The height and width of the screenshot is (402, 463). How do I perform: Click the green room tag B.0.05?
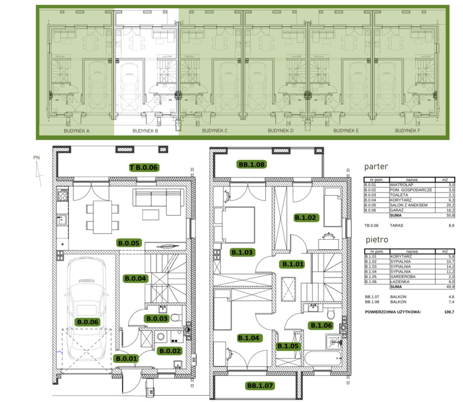coord(129,243)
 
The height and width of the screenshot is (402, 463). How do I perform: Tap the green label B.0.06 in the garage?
coord(88,322)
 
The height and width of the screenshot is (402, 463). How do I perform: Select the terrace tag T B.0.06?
coord(144,167)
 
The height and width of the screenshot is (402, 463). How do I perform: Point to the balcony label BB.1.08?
coord(251,164)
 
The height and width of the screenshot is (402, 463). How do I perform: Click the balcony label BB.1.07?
coord(260,385)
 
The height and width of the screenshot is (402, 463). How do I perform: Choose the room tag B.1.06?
coord(321,326)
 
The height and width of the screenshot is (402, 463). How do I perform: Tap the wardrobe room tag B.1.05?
coord(288,346)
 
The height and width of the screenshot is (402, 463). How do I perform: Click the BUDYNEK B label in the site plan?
coord(145,131)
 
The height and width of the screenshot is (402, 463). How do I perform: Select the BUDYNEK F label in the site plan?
coord(408,130)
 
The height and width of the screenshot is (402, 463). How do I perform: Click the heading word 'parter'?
coord(376,166)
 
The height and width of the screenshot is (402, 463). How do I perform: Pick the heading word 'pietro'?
coord(377,240)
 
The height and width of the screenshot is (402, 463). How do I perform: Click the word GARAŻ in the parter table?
coord(397,210)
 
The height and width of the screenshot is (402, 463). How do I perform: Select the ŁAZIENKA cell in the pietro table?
coord(400,282)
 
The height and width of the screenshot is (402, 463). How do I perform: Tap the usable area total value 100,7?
coord(449,312)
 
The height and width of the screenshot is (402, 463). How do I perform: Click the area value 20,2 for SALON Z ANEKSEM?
coord(450,205)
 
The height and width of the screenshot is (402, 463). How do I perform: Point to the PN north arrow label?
coord(36,158)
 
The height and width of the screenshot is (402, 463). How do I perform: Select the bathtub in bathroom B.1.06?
coord(322,358)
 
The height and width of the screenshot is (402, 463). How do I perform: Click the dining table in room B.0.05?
coord(103,217)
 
